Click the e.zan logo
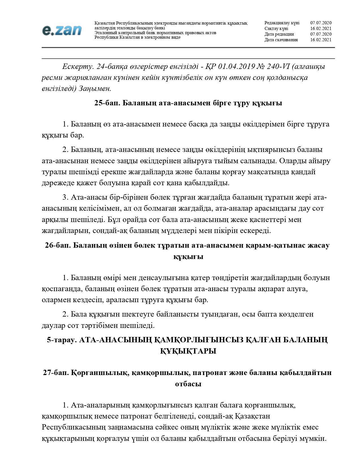62,30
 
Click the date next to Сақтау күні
321,29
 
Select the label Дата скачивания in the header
281,40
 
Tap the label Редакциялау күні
282,23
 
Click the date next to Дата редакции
321,34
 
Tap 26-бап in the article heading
58,245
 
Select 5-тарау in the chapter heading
62,340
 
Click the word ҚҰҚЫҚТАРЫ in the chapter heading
188,351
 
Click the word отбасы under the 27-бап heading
188,384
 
